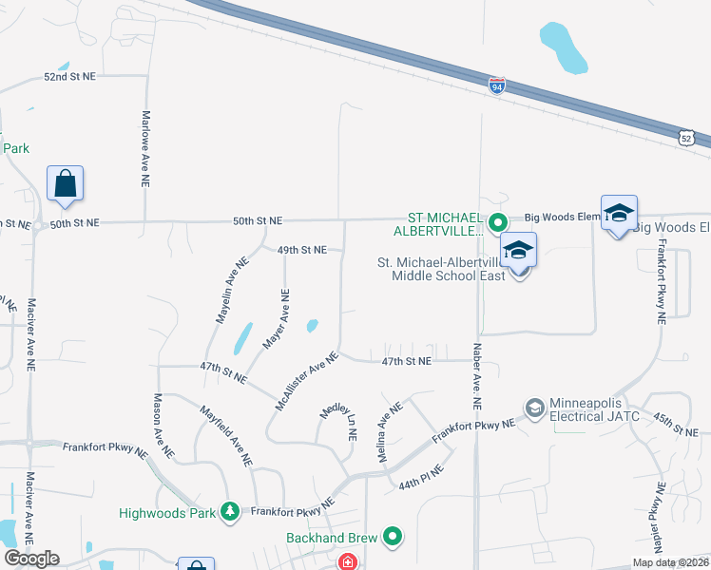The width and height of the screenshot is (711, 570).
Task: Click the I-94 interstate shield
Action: tap(497, 86)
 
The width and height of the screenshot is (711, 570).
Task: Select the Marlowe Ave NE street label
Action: tap(146, 151)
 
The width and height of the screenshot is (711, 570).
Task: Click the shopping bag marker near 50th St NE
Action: tap(65, 183)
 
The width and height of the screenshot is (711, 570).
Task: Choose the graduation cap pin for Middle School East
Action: tap(519, 251)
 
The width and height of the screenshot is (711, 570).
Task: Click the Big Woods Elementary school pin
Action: tap(618, 213)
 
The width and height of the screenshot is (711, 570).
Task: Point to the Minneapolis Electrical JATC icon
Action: tap(533, 408)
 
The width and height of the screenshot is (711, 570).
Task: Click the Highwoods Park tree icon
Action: tap(229, 513)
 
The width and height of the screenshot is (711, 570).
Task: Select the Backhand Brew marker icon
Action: tap(393, 538)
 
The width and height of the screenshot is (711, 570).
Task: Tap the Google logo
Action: tap(31, 559)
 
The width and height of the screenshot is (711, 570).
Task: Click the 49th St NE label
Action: tap(302, 250)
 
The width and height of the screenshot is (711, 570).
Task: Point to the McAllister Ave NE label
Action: tap(306, 381)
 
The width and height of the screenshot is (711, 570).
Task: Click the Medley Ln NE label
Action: tap(337, 421)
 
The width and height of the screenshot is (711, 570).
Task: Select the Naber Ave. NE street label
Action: tap(476, 376)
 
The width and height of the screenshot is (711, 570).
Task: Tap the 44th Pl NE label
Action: tap(422, 476)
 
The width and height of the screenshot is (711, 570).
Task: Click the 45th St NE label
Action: tap(676, 424)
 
